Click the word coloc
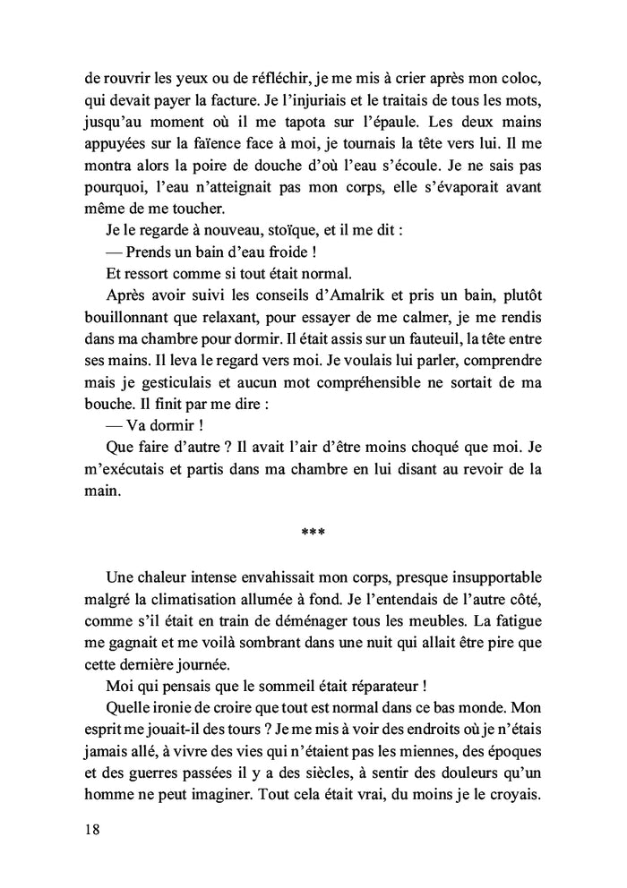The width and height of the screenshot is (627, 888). point(527,75)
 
